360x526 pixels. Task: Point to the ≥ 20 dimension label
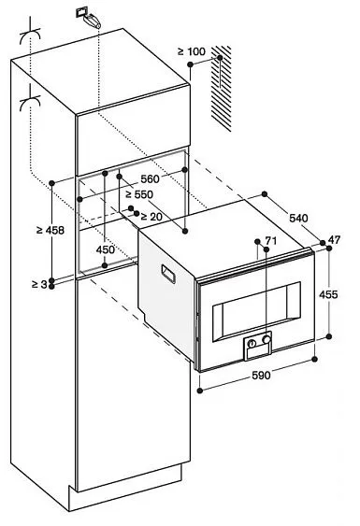coord(151,217)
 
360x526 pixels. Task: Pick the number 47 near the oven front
coord(335,241)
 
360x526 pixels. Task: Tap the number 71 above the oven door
coord(271,241)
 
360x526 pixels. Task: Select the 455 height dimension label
coord(328,293)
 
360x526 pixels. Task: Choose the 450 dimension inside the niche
coord(106,249)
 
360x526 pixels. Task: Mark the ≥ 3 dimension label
coord(35,284)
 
